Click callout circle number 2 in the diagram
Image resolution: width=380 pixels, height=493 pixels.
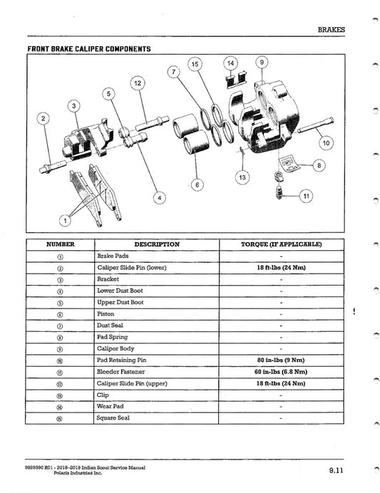[x=44, y=118]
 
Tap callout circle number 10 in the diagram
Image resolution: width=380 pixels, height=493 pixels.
[x=326, y=142]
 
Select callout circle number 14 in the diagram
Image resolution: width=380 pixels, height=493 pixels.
[x=230, y=63]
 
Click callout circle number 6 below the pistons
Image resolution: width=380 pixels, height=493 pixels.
[x=197, y=185]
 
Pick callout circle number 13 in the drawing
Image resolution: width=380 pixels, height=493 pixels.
[x=242, y=176]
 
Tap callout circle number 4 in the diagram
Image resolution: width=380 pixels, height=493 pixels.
[x=160, y=197]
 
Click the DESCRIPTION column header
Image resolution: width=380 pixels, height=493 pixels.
[x=156, y=244]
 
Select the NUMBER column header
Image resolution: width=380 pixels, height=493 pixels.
[x=60, y=244]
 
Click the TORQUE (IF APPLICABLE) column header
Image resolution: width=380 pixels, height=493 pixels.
[x=281, y=244]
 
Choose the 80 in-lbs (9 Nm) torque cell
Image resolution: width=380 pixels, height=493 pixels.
[x=281, y=360]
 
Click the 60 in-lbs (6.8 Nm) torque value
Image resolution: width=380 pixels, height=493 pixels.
[x=281, y=372]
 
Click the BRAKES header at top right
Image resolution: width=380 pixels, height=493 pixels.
[x=330, y=30]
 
